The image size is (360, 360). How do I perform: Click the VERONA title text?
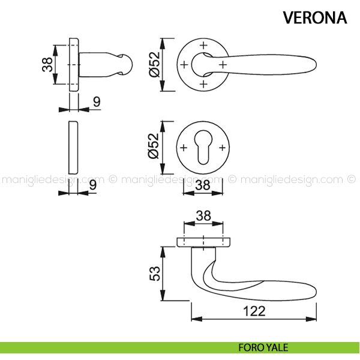tap(315, 17)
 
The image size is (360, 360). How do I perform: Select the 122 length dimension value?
tap(255, 311)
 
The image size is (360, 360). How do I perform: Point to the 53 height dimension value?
tap(155, 274)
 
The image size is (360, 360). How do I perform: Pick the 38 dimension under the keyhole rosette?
tap(202, 185)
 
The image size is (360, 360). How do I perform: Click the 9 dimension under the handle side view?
tap(96, 102)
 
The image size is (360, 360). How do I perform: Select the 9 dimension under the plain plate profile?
tap(93, 185)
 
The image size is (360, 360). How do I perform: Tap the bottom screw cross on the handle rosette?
tap(203, 83)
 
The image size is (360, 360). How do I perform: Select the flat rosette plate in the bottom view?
tap(204, 242)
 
